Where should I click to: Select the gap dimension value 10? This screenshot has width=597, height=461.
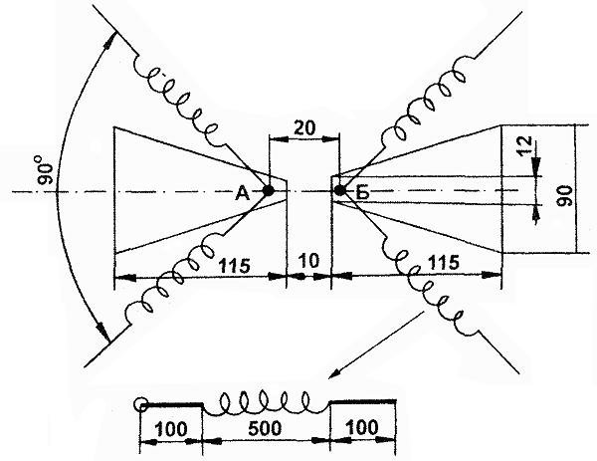click(307, 262)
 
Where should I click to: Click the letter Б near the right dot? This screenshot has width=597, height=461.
click(361, 194)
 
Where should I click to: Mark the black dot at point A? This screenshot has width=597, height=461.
click(268, 189)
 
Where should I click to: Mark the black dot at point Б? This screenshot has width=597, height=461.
click(339, 189)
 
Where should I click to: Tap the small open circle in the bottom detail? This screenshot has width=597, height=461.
click(142, 405)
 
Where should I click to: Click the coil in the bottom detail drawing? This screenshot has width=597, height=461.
click(266, 404)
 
